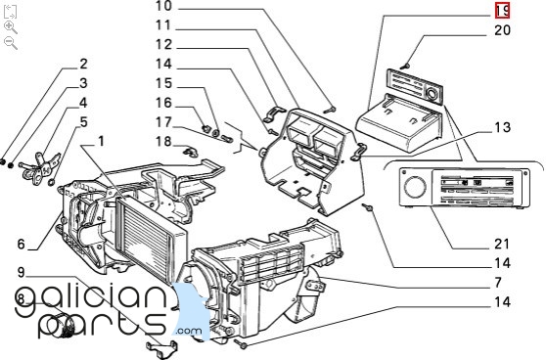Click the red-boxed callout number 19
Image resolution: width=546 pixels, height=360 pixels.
pyautogui.click(x=503, y=11)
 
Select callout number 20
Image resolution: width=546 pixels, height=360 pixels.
pyautogui.click(x=503, y=30)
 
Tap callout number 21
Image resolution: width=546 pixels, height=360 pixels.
pyautogui.click(x=502, y=244)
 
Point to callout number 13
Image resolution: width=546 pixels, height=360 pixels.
pyautogui.click(x=503, y=127)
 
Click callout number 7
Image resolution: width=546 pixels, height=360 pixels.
pyautogui.click(x=498, y=282)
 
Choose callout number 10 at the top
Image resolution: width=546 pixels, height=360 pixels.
pyautogui.click(x=163, y=6)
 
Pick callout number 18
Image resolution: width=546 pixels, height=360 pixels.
pyautogui.click(x=163, y=142)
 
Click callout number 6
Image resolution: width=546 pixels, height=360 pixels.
pyautogui.click(x=22, y=244)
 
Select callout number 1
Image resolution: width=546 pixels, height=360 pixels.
pyautogui.click(x=101, y=142)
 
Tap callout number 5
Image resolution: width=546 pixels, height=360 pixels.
pyautogui.click(x=83, y=122)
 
